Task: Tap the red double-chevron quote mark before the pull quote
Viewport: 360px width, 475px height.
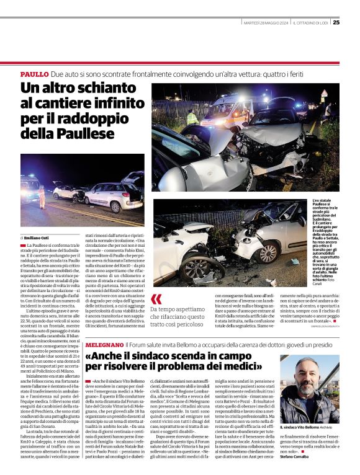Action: (x=156, y=299)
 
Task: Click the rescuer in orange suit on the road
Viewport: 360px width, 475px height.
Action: (x=42, y=197)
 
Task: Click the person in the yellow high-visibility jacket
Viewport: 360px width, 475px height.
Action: (x=193, y=117)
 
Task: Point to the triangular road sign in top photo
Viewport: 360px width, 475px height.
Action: (x=324, y=94)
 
